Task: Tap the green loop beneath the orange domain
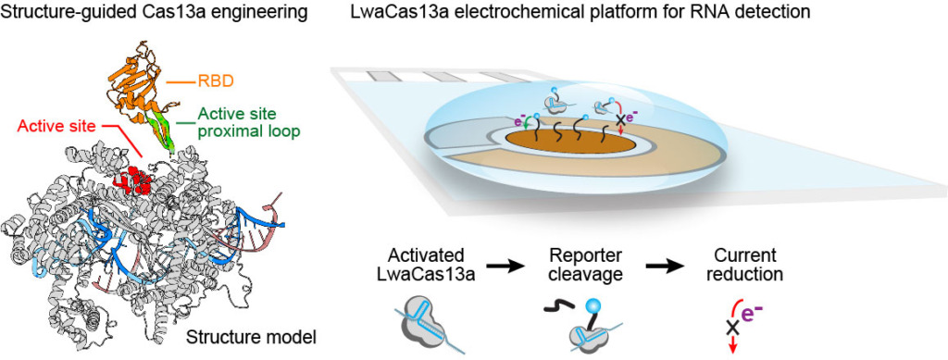coord(166,130)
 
